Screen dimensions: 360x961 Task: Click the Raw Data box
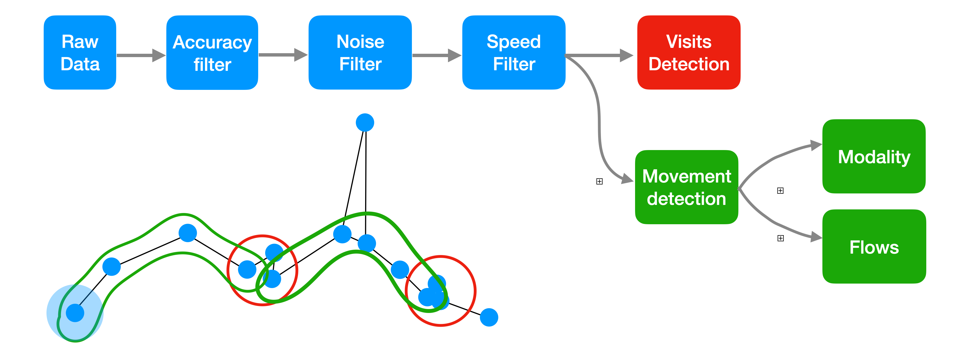click(80, 53)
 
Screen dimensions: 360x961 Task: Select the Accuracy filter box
click(212, 53)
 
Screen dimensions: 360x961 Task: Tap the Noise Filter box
click(360, 53)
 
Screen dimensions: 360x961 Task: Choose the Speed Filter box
click(514, 53)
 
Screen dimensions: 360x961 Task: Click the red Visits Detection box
click(689, 53)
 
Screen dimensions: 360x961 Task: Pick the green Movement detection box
click(686, 187)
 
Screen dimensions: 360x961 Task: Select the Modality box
click(874, 156)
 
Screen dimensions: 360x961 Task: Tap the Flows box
click(874, 247)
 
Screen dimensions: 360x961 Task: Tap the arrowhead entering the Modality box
click(816, 145)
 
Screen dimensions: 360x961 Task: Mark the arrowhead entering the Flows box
click(816, 237)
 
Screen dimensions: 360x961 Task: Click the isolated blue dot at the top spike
click(365, 122)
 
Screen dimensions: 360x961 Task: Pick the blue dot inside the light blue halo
click(75, 313)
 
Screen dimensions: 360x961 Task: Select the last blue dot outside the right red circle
click(489, 317)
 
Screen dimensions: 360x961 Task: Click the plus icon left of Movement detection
click(599, 181)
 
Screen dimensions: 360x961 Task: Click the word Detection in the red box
click(689, 64)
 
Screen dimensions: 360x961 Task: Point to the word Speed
click(514, 41)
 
